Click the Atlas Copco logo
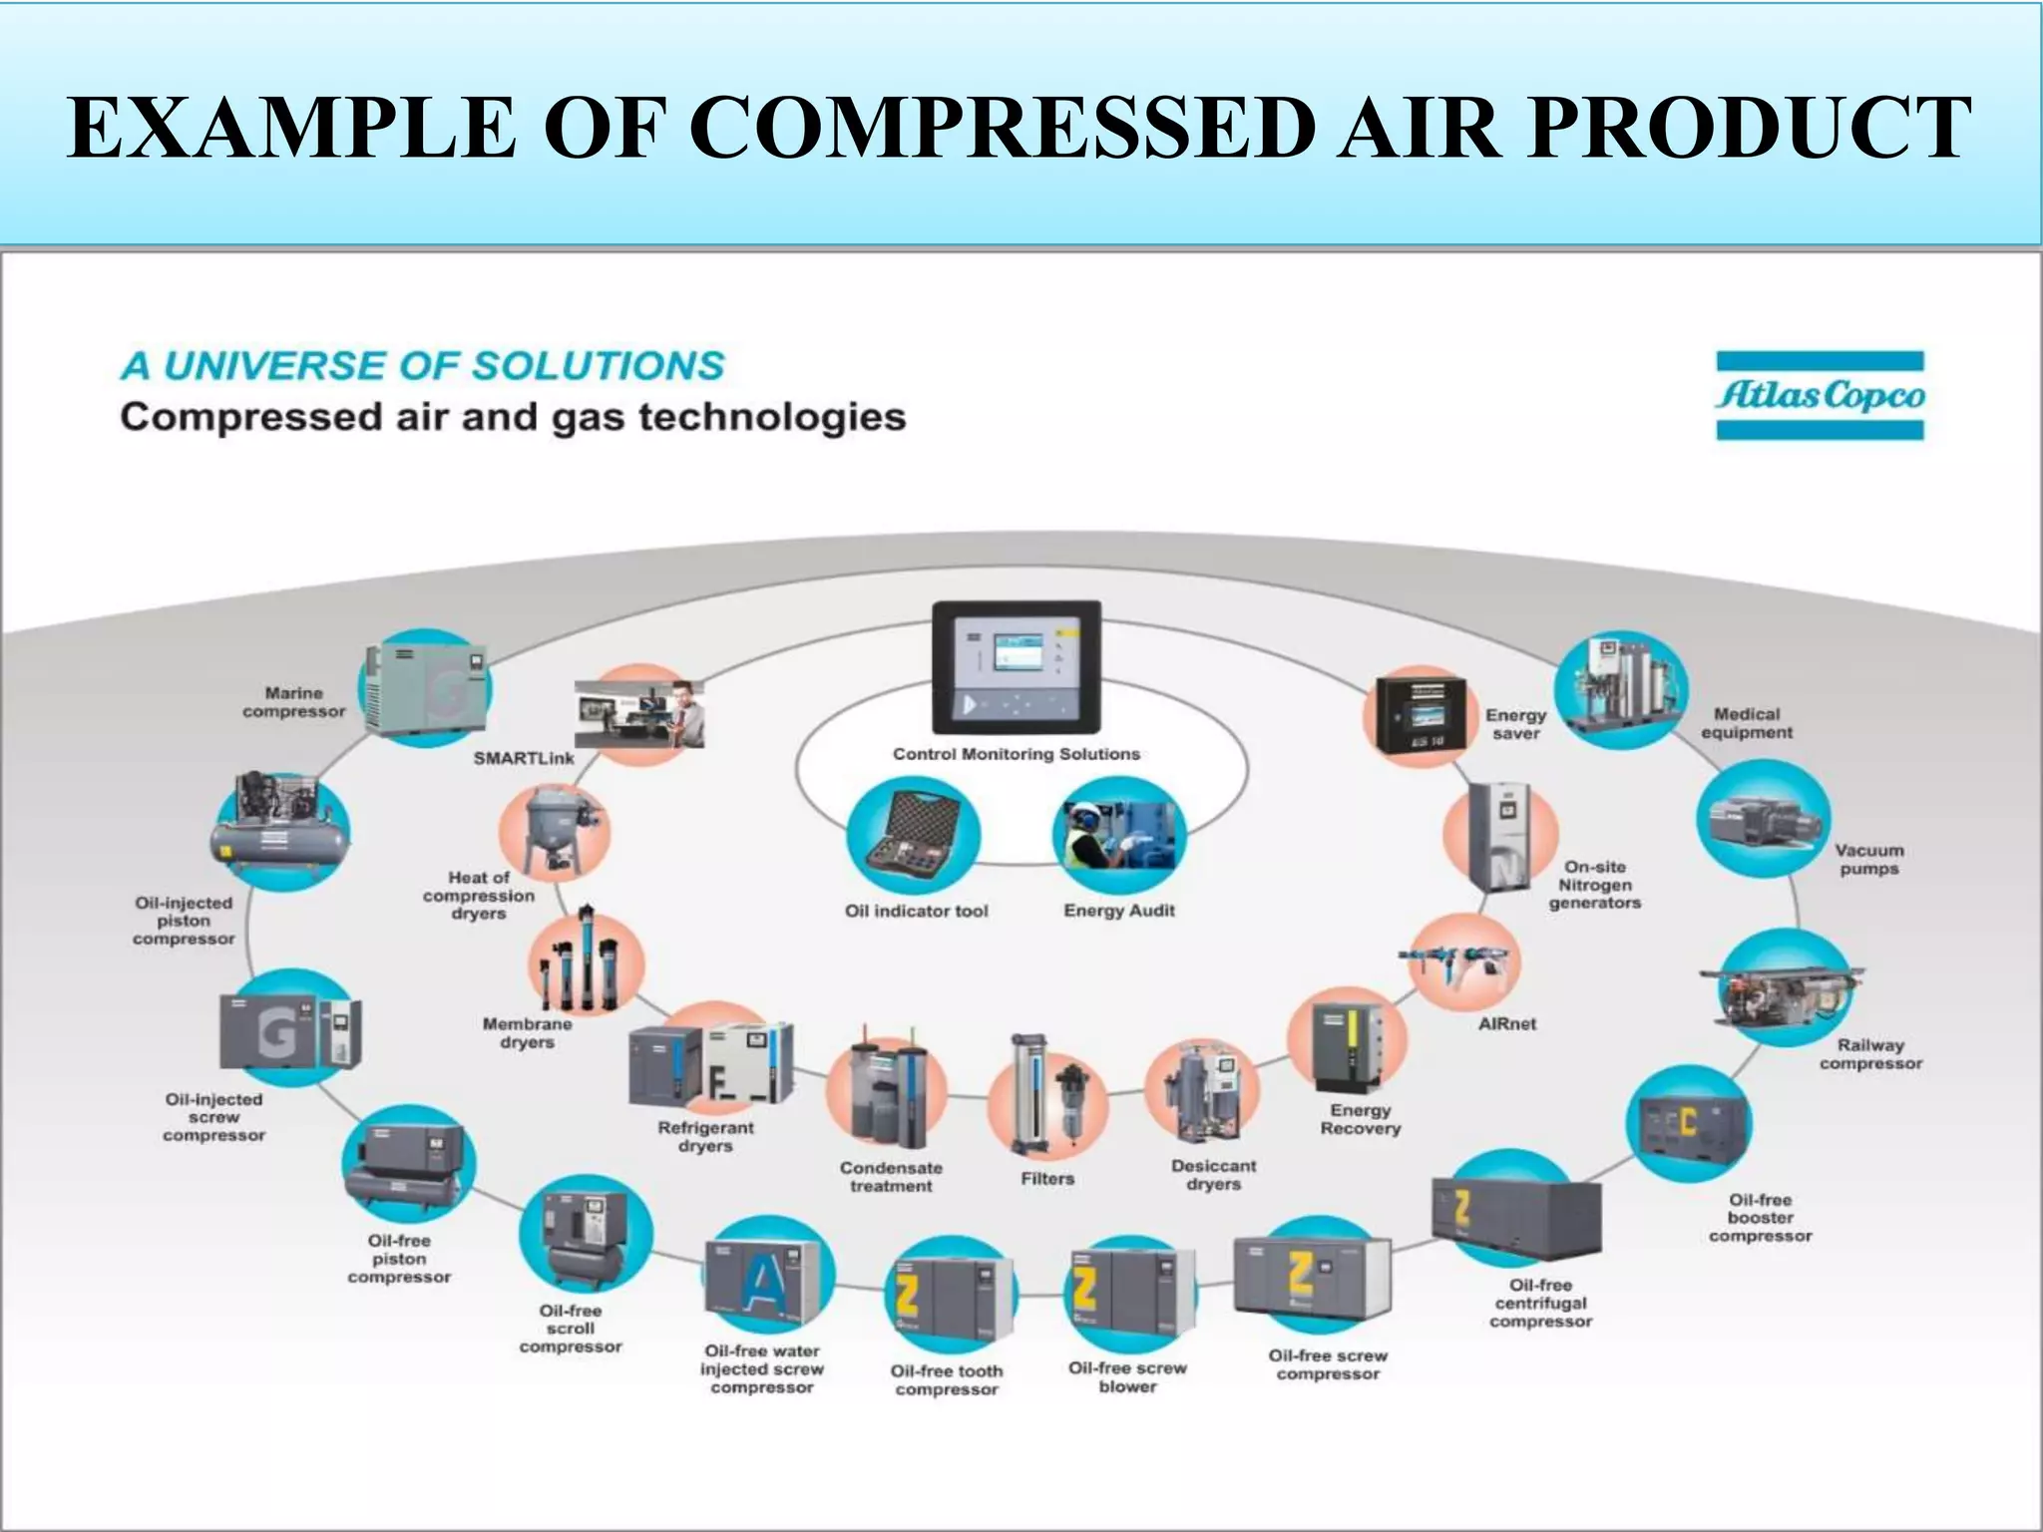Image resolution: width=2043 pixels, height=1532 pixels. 1820,395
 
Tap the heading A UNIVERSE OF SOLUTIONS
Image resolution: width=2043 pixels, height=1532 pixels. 423,366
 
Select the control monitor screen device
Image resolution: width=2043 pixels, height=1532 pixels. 1016,666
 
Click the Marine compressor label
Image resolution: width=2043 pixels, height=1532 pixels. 293,702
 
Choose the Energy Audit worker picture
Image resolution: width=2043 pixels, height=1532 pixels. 1119,836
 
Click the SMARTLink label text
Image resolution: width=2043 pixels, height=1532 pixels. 524,758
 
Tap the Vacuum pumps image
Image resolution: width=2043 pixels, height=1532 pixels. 1764,819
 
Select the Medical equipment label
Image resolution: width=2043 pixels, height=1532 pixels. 1747,723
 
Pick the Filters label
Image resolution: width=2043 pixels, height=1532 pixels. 1047,1179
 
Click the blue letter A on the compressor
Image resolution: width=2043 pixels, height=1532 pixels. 765,1280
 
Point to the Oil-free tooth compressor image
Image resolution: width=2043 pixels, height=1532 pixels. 950,1298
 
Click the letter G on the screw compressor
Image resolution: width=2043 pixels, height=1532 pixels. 276,1031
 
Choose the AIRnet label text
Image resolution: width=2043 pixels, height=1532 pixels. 1506,1024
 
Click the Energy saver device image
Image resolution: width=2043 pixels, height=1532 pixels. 1421,714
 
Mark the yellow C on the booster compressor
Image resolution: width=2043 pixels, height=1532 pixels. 1687,1121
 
